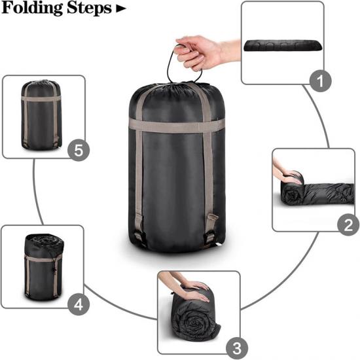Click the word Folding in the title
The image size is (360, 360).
pos(32,9)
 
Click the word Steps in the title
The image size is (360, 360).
pos(89,9)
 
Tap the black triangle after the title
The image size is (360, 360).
pos(121,9)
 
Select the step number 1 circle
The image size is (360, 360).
pos(320,81)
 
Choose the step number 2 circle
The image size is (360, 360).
pos(348,225)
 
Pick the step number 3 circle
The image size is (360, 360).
pos(237,348)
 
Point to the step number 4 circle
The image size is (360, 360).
pos(79,304)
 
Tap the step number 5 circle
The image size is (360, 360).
pos(79,150)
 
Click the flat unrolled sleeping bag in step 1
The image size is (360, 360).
pos(283,45)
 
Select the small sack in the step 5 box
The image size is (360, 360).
pos(41,115)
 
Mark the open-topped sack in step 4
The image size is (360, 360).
pos(44,267)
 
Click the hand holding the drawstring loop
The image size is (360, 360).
pos(204,52)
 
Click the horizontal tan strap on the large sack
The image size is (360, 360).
pos(177,126)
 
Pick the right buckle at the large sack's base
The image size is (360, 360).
pos(210,236)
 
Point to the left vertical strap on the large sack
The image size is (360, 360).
pos(139,161)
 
